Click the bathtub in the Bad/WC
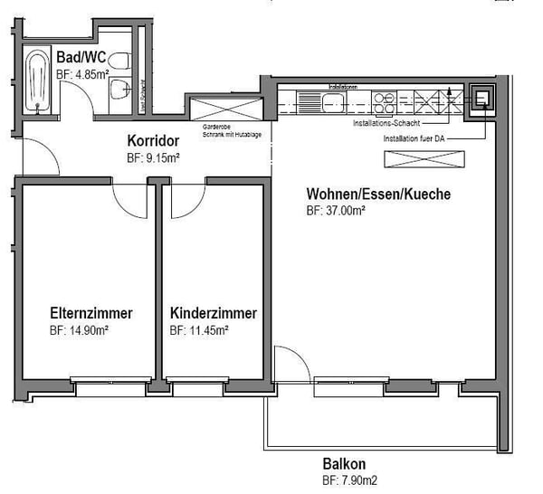pyautogui.click(x=38, y=81)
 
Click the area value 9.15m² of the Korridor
pyautogui.click(x=153, y=157)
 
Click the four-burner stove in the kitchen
pyautogui.click(x=383, y=99)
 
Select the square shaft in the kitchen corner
pyautogui.click(x=481, y=99)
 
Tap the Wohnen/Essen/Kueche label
pyautogui.click(x=378, y=195)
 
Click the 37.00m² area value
pyautogui.click(x=336, y=212)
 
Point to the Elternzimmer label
pyautogui.click(x=90, y=313)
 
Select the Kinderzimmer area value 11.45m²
pyautogui.click(x=198, y=330)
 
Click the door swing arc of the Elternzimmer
pyautogui.click(x=124, y=201)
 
